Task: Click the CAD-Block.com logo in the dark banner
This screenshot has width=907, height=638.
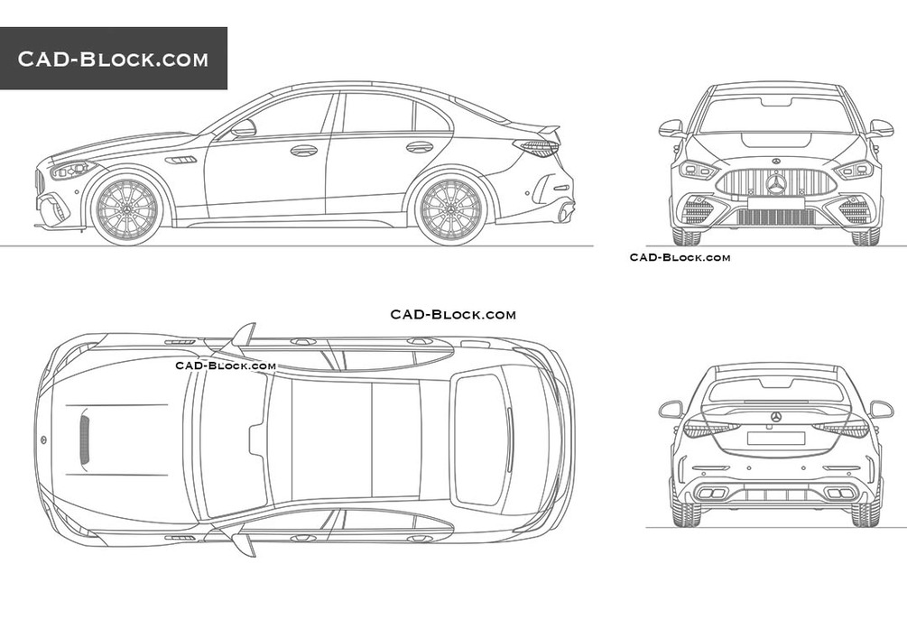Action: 113,60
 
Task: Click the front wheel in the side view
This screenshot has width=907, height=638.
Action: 127,210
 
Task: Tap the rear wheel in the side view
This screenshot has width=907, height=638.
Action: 450,210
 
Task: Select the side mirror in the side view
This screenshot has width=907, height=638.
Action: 243,129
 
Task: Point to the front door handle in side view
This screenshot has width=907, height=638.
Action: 303,150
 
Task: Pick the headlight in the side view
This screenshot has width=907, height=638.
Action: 73,169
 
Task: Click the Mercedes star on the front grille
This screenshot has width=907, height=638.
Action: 775,185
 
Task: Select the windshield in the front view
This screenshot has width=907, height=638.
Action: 775,116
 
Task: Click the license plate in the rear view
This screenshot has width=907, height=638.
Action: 775,438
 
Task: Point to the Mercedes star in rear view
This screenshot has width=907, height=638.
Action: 775,417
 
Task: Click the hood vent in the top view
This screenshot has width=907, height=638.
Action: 86,439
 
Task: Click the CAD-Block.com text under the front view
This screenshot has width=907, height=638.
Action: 680,258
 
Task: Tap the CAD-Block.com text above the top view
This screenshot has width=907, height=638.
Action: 453,314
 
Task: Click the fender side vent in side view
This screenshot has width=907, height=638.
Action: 182,160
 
